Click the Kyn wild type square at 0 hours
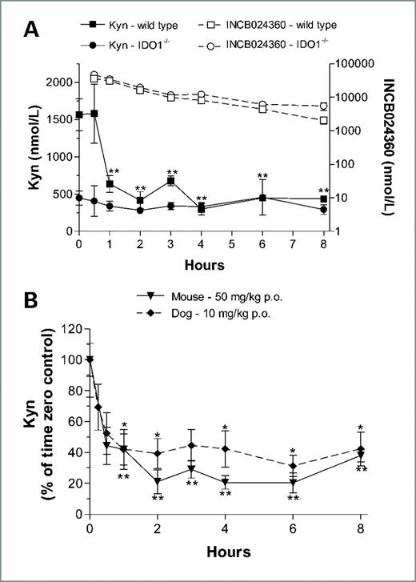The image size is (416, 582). [x=78, y=114]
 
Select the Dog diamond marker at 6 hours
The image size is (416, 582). [x=293, y=466]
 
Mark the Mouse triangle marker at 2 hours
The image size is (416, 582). [x=158, y=481]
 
